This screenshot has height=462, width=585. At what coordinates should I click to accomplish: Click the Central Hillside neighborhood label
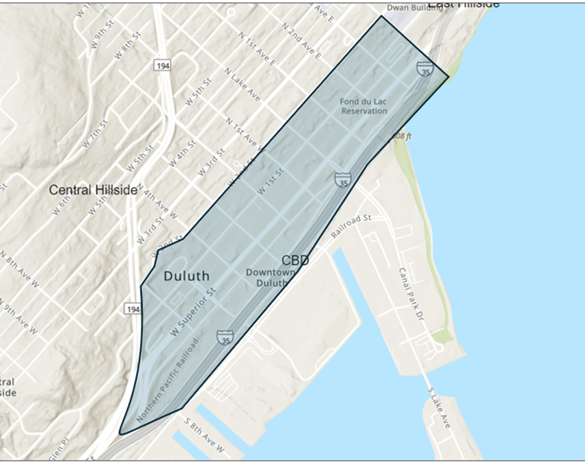(93, 190)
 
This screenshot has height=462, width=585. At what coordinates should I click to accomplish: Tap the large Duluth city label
(186, 276)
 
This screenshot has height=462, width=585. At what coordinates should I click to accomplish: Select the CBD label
(295, 260)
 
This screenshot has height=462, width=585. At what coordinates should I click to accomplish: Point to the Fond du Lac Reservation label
(363, 106)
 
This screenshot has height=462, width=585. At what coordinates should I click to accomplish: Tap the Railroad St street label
(351, 225)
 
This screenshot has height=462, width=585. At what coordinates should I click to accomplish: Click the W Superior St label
(193, 311)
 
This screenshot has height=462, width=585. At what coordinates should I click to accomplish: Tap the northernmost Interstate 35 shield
(425, 69)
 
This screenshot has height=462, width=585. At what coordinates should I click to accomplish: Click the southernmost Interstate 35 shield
(225, 338)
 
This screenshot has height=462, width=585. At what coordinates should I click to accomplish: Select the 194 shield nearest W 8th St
(161, 66)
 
